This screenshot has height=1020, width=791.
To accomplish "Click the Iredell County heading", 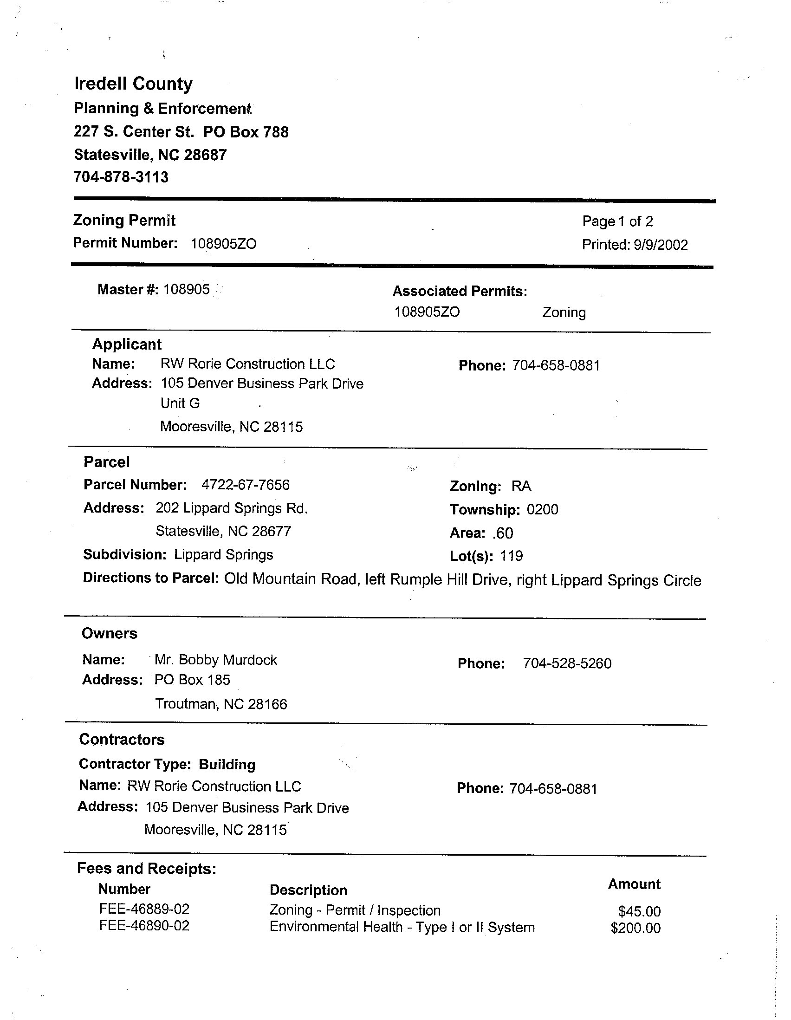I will pos(133,84).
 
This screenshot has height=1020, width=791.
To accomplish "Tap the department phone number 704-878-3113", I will pos(121,177).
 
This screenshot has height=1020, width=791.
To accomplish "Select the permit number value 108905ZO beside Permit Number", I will pos(224,244).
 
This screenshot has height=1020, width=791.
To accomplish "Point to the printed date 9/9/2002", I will pos(661,245).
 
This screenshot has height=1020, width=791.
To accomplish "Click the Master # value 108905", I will pos(186,290).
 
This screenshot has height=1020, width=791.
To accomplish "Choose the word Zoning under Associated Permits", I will pos(564,312).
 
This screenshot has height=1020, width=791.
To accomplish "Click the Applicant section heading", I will pos(127,344).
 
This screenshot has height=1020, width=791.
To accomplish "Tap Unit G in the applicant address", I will pos(180,403).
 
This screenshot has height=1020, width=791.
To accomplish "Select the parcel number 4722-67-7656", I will pos(245,485).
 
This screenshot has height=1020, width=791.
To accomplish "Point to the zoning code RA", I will pos(521,486).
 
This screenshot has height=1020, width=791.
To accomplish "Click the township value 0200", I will pos(542,509).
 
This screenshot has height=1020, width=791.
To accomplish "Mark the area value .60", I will pos(502,533).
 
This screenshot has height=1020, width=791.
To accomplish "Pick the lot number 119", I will pos(511,556).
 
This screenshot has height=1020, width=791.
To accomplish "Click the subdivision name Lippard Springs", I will pos(223,555).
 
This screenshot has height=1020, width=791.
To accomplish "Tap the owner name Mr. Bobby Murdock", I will pos(216,660).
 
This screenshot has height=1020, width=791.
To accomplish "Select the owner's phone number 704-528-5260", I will pos(567,663).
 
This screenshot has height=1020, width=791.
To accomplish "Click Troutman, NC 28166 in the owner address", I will pos(221,704).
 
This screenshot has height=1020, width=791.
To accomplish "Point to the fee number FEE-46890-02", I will pos(144,926).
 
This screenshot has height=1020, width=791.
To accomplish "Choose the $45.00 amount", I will pos(639,911).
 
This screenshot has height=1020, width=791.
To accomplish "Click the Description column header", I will pos(308,890).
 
